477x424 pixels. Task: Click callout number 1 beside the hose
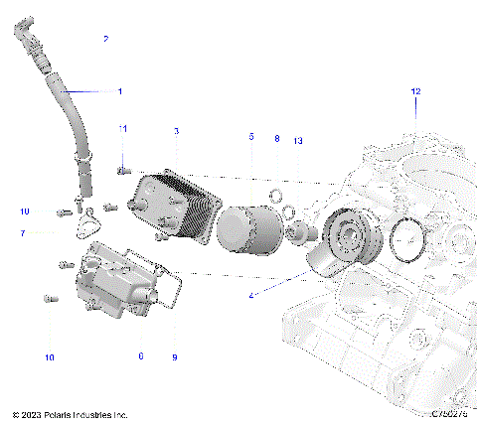pyautogui.click(x=120, y=91)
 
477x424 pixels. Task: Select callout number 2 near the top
pyautogui.click(x=106, y=39)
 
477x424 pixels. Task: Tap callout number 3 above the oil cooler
pyautogui.click(x=176, y=131)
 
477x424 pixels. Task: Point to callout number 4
pyautogui.click(x=252, y=295)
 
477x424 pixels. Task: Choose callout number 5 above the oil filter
pyautogui.click(x=251, y=136)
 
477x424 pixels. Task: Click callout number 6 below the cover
pyautogui.click(x=140, y=355)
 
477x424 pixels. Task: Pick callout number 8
pyautogui.click(x=277, y=140)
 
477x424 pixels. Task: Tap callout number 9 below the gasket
pyautogui.click(x=176, y=355)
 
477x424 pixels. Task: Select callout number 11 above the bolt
pyautogui.click(x=123, y=129)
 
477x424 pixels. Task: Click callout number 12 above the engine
pyautogui.click(x=416, y=91)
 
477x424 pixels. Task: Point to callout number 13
pyautogui.click(x=298, y=142)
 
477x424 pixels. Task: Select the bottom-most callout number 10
pyautogui.click(x=49, y=356)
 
